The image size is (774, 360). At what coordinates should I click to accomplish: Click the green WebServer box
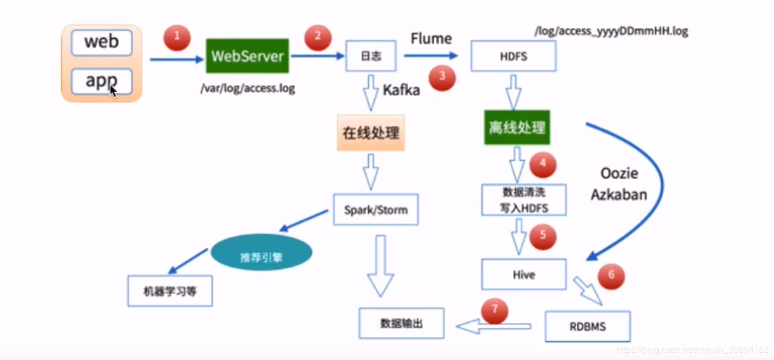[247, 56]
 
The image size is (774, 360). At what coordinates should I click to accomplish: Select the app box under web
[102, 81]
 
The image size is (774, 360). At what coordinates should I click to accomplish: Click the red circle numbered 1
[177, 37]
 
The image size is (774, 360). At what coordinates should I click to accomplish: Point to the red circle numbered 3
[442, 78]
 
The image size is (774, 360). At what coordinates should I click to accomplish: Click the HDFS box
[513, 57]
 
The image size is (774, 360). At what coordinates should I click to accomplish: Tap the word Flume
[431, 39]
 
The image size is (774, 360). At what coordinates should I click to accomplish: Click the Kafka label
[401, 90]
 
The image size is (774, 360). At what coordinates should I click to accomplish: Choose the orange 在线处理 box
[371, 133]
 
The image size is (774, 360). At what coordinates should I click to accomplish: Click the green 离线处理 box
[517, 128]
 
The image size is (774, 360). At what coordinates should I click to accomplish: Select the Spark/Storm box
[376, 210]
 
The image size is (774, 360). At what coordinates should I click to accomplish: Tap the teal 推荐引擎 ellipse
[261, 257]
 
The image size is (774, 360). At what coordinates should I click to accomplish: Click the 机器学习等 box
[170, 291]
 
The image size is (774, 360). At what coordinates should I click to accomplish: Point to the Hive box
[523, 275]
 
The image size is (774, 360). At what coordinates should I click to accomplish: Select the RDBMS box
[588, 326]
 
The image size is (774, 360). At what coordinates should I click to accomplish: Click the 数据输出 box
[401, 323]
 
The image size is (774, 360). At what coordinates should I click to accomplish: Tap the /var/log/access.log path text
[248, 88]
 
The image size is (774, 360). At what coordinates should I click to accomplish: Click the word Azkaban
[619, 194]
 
